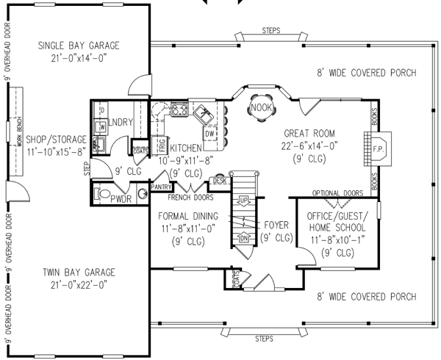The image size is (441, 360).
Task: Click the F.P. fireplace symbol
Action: point(380,147)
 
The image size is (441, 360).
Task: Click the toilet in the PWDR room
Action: point(107,195)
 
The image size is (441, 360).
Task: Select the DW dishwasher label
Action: point(209,134)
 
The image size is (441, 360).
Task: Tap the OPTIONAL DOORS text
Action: point(339,192)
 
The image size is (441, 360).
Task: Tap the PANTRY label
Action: point(159,187)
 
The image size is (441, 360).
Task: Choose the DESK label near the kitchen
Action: point(219,180)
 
